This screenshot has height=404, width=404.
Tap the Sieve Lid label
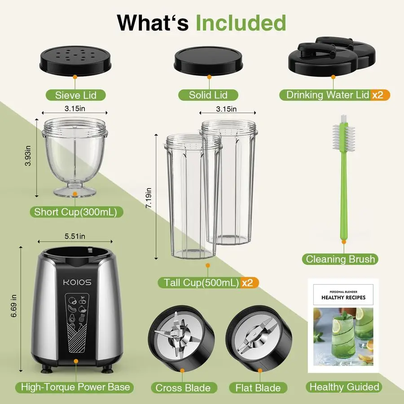tap(75, 95)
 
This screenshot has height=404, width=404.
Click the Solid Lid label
tap(208, 95)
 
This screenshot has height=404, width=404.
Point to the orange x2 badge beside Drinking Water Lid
tap(380, 95)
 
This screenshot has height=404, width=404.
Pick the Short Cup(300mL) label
tap(75, 212)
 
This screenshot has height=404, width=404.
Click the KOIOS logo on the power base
tap(76, 282)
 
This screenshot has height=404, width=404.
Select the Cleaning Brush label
tap(340, 259)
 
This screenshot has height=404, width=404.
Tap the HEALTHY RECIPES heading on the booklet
tap(343, 297)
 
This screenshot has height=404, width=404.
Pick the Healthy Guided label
tap(344, 387)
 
